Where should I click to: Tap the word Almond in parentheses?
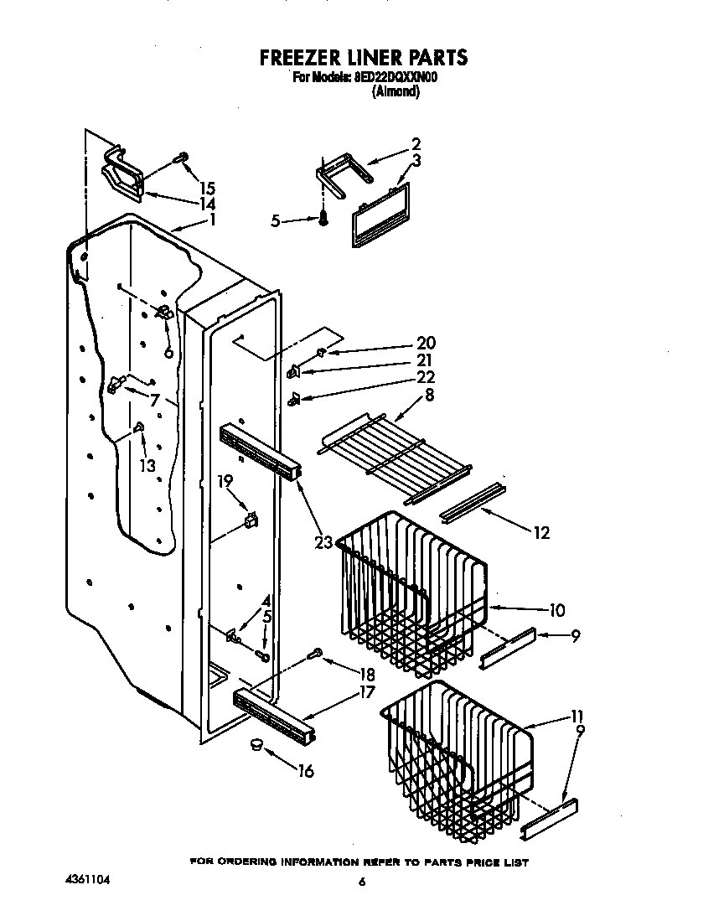click(x=395, y=92)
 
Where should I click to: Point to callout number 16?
click(x=306, y=771)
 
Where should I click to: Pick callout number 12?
click(x=541, y=533)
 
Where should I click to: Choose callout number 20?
click(x=426, y=343)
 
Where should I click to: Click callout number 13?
click(x=147, y=465)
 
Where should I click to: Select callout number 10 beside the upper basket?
click(x=556, y=610)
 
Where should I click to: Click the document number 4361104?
click(x=87, y=881)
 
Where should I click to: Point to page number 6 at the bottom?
click(x=362, y=882)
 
